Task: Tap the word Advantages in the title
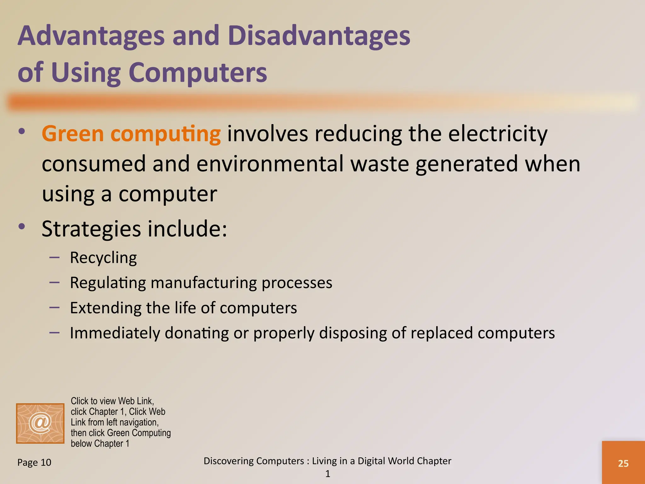(91, 35)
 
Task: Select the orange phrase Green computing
(131, 134)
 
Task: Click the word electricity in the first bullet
(498, 134)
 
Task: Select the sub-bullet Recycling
(103, 258)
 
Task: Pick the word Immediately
(115, 333)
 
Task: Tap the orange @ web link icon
(40, 423)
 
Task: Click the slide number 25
(623, 463)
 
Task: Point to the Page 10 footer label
(34, 462)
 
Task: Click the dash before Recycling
(54, 257)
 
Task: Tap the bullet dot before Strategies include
(21, 226)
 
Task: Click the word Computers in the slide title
(197, 72)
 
